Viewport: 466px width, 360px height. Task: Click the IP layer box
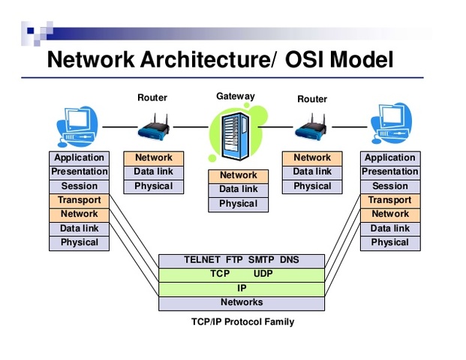pyautogui.click(x=242, y=289)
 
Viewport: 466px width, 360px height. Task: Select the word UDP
pyautogui.click(x=263, y=274)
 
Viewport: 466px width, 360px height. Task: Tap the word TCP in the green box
pyautogui.click(x=219, y=274)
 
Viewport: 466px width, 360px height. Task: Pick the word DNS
pyautogui.click(x=289, y=260)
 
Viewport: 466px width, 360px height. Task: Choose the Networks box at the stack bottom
pyautogui.click(x=242, y=303)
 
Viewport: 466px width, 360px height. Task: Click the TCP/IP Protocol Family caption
pyautogui.click(x=242, y=322)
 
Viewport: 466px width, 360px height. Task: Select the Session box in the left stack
pyautogui.click(x=79, y=186)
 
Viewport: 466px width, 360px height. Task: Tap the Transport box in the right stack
pyautogui.click(x=389, y=200)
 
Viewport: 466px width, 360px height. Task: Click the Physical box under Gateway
pyautogui.click(x=238, y=204)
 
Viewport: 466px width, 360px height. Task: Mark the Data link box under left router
pyautogui.click(x=153, y=172)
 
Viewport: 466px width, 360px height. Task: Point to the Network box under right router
pyautogui.click(x=312, y=157)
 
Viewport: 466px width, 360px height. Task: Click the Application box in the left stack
pyautogui.click(x=79, y=157)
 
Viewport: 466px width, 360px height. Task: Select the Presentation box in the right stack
pyautogui.click(x=389, y=172)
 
